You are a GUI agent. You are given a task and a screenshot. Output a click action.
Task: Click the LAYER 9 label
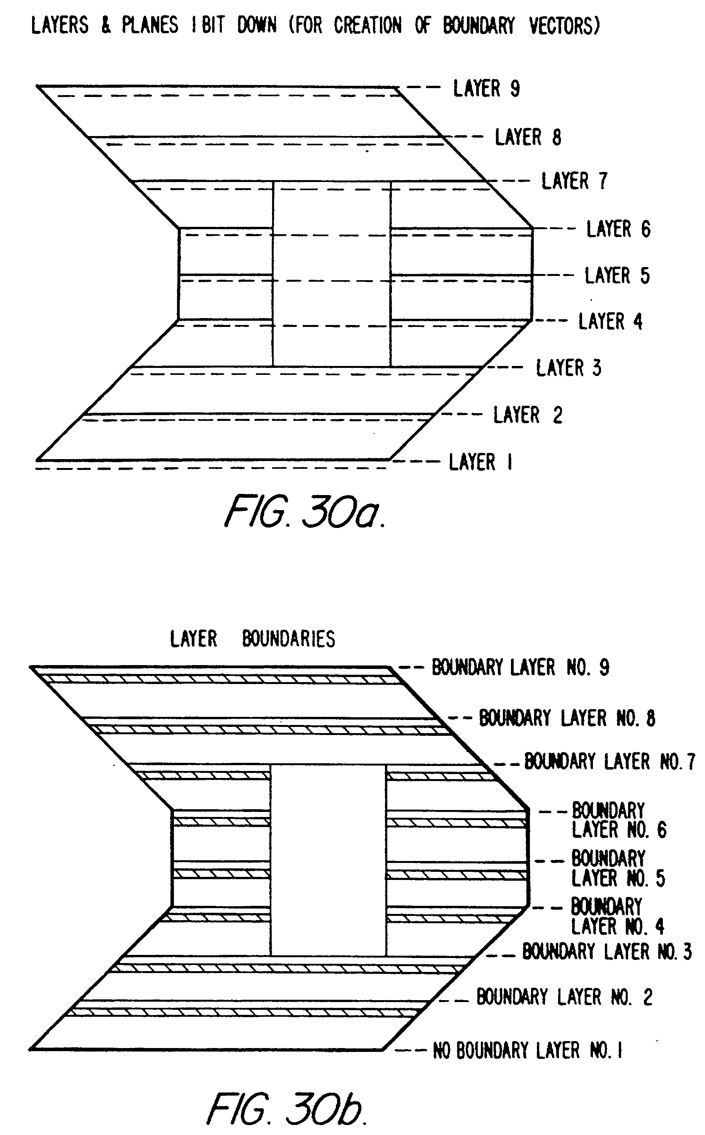(x=486, y=88)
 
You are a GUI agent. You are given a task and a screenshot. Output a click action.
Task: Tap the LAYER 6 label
(x=618, y=229)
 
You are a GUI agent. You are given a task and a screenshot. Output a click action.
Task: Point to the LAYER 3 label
(x=569, y=368)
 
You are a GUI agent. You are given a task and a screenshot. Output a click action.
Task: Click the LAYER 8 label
(x=528, y=138)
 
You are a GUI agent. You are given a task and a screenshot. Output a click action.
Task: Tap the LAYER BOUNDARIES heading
(x=252, y=638)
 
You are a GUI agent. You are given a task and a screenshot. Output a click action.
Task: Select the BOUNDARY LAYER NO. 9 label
(x=520, y=667)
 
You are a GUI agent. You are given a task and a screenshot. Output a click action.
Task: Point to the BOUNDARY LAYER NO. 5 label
(x=618, y=868)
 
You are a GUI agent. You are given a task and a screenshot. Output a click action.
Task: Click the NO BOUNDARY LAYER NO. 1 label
(x=527, y=1051)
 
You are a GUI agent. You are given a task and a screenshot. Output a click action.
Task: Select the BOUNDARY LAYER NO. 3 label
(x=606, y=951)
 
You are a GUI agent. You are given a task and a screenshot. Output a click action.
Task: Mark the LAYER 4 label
(x=610, y=322)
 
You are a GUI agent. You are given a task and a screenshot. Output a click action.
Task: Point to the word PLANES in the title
(x=150, y=25)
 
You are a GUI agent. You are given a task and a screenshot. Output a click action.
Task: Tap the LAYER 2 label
(x=528, y=415)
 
